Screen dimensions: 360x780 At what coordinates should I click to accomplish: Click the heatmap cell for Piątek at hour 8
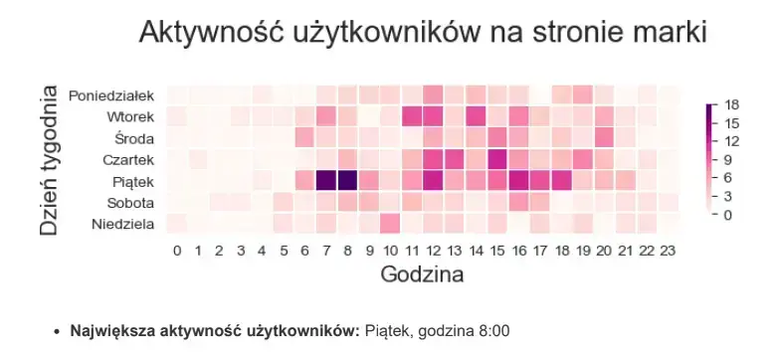pos(346,180)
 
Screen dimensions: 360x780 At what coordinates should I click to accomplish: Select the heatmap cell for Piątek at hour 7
pos(325,180)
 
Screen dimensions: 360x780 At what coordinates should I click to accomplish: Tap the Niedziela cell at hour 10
pos(389,223)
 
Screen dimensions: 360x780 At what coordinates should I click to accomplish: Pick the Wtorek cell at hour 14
pos(475,116)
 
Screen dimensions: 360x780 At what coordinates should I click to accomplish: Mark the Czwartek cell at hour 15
pos(496,159)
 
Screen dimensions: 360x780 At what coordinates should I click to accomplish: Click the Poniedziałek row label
pos(111,95)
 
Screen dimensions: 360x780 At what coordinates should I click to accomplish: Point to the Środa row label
pos(134,138)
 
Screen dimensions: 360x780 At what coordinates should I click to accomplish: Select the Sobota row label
pos(130,202)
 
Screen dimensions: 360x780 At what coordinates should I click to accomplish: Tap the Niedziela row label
pos(122,224)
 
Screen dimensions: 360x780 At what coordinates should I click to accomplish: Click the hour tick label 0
pos(177,250)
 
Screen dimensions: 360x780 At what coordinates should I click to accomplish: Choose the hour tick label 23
pos(668,250)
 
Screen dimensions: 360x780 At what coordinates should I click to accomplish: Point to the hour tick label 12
pos(433,250)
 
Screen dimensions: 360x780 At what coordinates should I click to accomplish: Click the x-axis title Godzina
pos(422,273)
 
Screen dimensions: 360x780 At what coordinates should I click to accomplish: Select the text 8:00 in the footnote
pos(493,329)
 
